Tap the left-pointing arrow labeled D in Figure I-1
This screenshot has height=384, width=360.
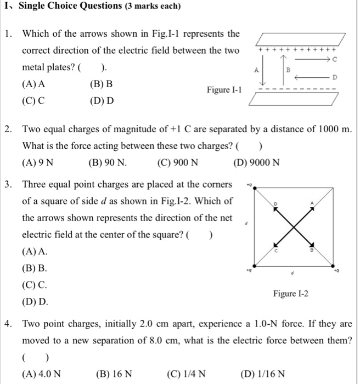(x=313, y=78)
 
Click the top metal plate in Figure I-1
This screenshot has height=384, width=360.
(x=299, y=39)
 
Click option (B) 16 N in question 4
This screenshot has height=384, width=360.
(x=114, y=374)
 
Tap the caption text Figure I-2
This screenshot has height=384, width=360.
(x=290, y=294)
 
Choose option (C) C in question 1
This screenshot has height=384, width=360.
(x=33, y=100)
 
